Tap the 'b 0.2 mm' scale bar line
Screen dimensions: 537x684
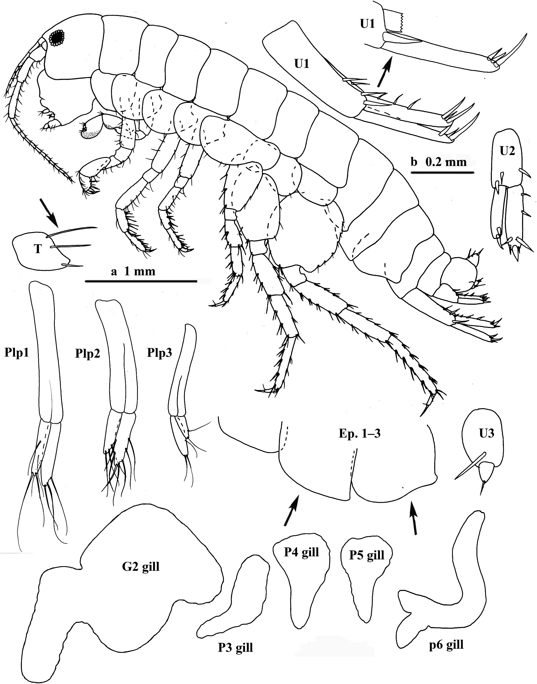click(442, 172)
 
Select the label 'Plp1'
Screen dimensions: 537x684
click(17, 353)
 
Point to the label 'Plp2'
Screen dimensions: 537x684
click(87, 354)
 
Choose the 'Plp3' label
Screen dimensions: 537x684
click(159, 353)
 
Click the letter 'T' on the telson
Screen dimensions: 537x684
click(38, 249)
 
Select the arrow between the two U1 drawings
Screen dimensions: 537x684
click(384, 71)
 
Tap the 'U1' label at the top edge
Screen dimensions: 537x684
click(368, 24)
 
